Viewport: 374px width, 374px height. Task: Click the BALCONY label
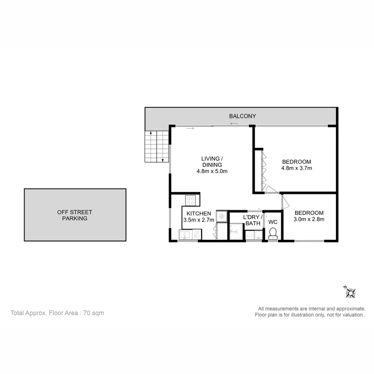tap(242, 116)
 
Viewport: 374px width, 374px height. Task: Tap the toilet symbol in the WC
tap(273, 233)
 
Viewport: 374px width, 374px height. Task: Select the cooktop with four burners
tap(190, 200)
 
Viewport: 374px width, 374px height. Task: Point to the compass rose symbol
tap(350, 292)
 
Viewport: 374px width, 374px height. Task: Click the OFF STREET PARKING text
tap(75, 215)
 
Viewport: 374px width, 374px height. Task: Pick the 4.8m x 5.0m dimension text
tap(212, 171)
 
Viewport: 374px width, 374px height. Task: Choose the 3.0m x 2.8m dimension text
tap(309, 219)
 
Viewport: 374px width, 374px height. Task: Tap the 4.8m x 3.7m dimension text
tap(296, 168)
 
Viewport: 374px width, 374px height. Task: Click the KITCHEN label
tap(199, 213)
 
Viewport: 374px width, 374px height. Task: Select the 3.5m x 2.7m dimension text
tap(199, 220)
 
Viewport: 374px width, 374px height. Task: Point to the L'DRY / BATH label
tap(253, 220)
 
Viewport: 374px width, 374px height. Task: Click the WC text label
tap(273, 222)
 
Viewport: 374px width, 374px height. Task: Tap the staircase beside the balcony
tap(157, 146)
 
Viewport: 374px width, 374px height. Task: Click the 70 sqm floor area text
tap(93, 313)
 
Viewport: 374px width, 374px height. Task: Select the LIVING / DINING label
tap(212, 162)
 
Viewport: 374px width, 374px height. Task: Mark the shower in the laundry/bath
tap(236, 231)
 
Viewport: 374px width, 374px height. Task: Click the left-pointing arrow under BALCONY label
tap(234, 124)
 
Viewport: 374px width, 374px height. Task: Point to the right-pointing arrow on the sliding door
tap(190, 128)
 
